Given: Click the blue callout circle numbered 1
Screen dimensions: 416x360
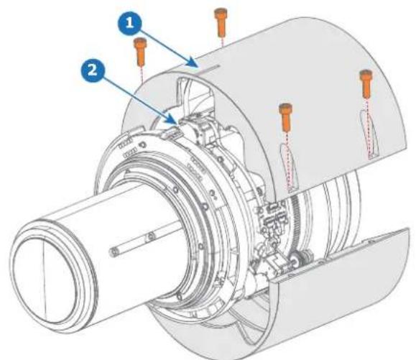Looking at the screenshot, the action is (129, 23).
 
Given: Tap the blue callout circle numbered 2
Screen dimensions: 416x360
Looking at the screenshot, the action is (93, 70).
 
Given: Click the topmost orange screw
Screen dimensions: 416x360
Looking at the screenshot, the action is (220, 22).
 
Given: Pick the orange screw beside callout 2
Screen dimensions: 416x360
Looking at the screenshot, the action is (140, 52).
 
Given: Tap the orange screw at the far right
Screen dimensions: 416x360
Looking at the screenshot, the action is (366, 84).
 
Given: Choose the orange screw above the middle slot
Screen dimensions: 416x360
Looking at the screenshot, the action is (285, 118).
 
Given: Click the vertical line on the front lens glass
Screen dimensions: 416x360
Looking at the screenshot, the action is (45, 279).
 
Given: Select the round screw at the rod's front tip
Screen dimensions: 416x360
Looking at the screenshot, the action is (114, 251).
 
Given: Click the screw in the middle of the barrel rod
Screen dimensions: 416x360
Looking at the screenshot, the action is (151, 236).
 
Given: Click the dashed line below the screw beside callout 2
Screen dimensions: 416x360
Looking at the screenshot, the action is (142, 75).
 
